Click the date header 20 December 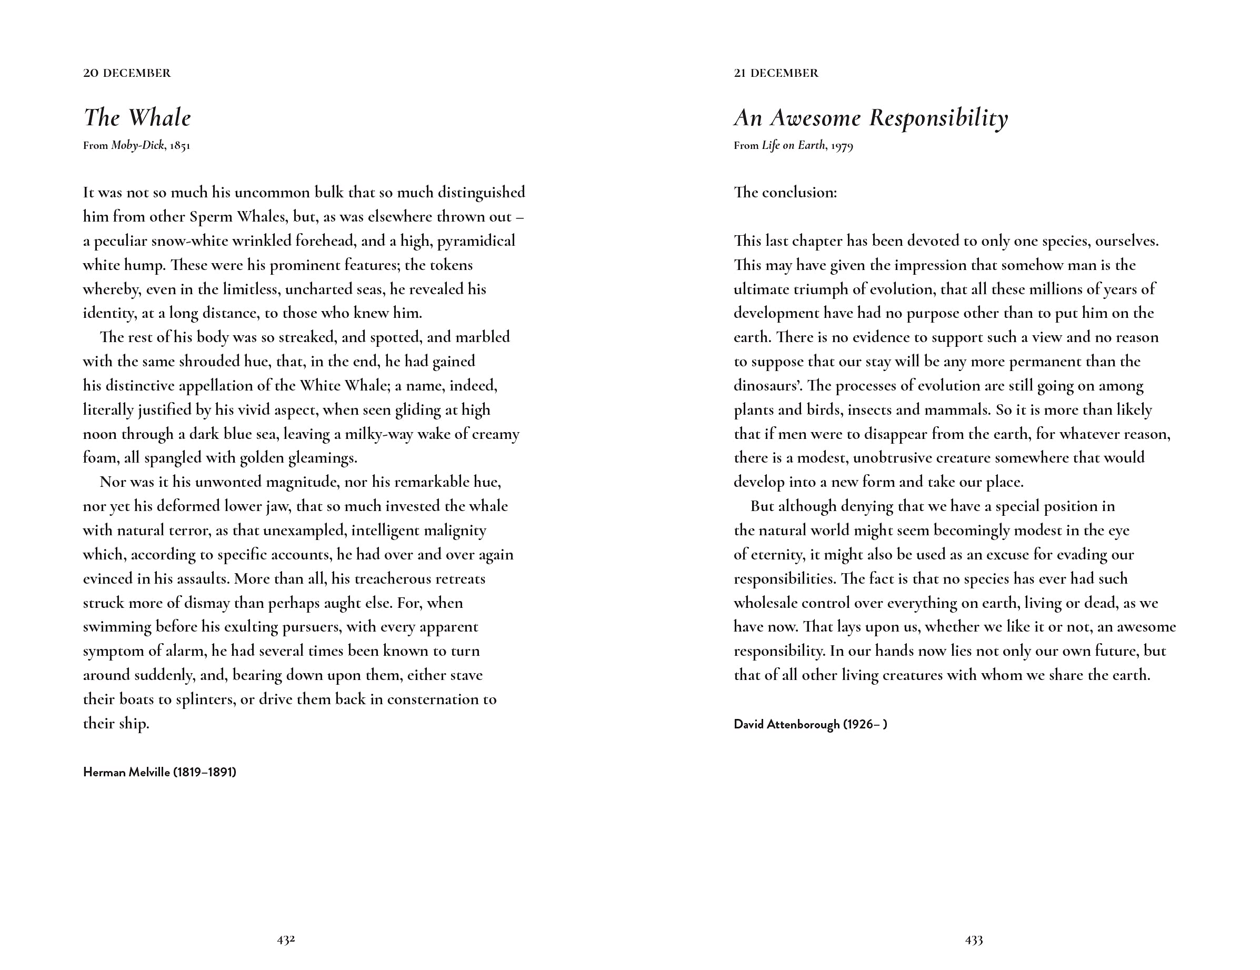127,73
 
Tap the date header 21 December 776,73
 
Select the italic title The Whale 137,118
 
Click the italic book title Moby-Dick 137,145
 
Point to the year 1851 180,145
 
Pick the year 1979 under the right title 842,145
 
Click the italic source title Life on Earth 793,145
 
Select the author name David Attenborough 786,724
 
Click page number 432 286,939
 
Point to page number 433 974,939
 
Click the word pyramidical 476,241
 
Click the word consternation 433,699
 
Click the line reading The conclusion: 785,192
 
